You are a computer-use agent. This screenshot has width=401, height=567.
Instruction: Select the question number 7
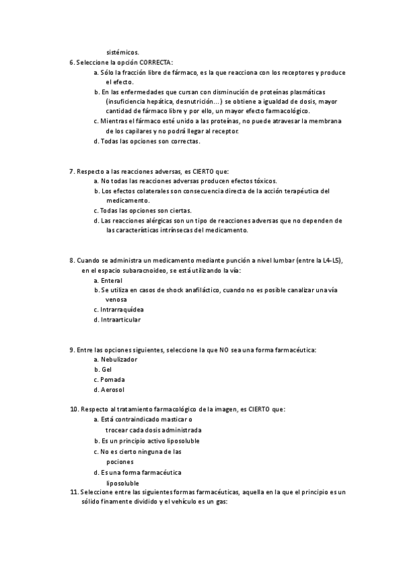pyautogui.click(x=72, y=171)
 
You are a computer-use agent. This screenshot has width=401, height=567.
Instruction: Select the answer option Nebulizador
pyautogui.click(x=119, y=360)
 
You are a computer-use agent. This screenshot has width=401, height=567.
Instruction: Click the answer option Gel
pyautogui.click(x=106, y=370)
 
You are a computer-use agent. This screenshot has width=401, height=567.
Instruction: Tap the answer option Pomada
pyautogui.click(x=112, y=380)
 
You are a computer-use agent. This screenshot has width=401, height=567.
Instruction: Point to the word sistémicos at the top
pyautogui.click(x=124, y=51)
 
